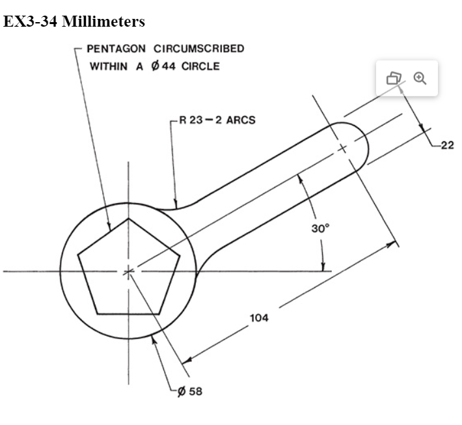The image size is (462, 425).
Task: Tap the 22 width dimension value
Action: tap(447, 145)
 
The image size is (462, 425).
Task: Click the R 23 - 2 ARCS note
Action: tap(217, 120)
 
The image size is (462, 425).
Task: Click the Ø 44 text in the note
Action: tap(165, 66)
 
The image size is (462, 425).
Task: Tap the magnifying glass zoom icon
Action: tap(420, 78)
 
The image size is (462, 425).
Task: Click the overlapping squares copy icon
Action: tap(394, 78)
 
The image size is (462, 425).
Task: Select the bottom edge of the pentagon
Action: tap(128, 314)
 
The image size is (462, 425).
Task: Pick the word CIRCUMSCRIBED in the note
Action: tap(194, 49)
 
